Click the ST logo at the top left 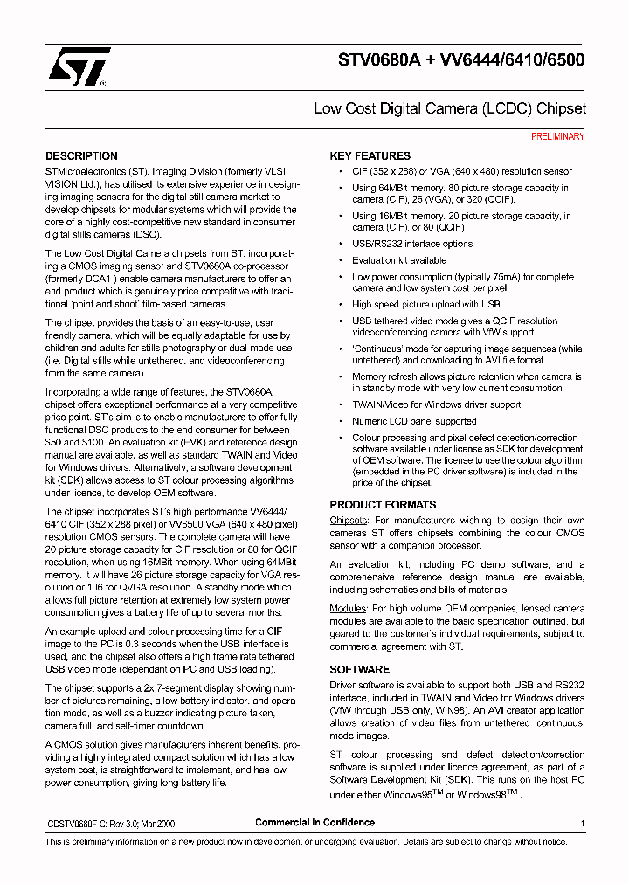[x=78, y=66]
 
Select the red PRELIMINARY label [x=557, y=136]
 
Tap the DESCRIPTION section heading [x=81, y=156]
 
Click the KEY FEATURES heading [x=370, y=156]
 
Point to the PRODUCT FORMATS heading [x=383, y=505]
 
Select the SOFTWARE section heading [x=359, y=670]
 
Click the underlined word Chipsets [x=348, y=521]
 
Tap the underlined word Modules [x=348, y=608]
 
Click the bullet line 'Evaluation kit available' [x=398, y=260]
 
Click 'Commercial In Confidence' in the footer [x=314, y=823]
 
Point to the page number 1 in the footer [x=582, y=824]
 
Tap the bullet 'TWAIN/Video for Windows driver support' [x=436, y=405]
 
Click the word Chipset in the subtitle [x=561, y=109]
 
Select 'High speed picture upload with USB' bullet [x=425, y=305]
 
